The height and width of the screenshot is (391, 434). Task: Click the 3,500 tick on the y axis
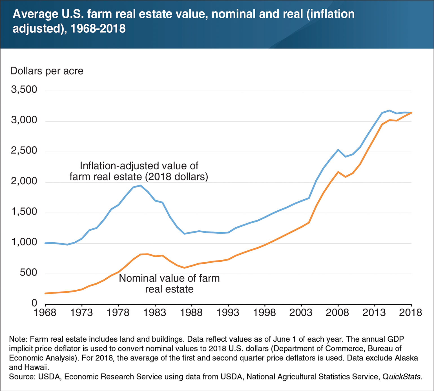[24, 90]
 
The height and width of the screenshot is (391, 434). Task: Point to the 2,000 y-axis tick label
[24, 181]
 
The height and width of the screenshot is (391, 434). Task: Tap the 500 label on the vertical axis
[28, 273]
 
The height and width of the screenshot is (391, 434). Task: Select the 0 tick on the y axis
[34, 303]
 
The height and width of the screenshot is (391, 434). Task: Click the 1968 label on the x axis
[45, 313]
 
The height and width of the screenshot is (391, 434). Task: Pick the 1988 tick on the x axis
[192, 313]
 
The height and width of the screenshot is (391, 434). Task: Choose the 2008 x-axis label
[338, 313]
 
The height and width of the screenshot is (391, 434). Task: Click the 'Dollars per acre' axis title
[47, 71]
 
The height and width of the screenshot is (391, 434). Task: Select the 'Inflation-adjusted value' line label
[139, 171]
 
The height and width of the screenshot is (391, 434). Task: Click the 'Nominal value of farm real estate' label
[169, 283]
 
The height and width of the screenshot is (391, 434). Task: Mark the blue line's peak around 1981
[140, 185]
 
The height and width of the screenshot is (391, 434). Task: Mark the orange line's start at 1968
[46, 293]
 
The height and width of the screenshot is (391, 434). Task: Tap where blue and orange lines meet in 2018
[411, 113]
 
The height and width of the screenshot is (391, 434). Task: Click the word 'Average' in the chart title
[34, 14]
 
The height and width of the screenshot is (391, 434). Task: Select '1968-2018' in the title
[98, 29]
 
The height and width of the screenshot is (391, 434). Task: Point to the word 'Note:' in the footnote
[18, 339]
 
